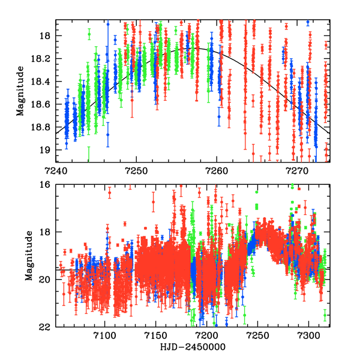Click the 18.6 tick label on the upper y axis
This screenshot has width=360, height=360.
[x=44, y=104]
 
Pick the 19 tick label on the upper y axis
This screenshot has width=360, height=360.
[x=47, y=150]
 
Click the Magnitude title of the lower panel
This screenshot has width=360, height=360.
[x=28, y=256]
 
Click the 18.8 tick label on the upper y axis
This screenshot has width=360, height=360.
[x=44, y=127]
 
